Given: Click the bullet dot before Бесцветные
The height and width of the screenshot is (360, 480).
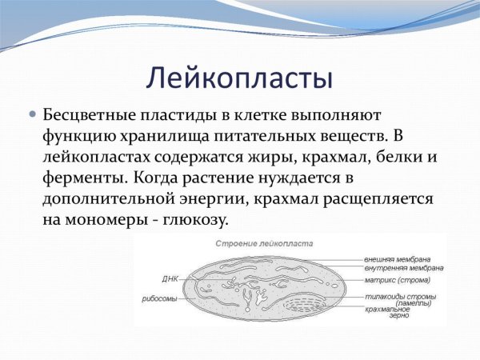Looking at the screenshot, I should click(x=33, y=114).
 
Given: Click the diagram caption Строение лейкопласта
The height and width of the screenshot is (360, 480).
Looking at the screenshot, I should click(x=265, y=242).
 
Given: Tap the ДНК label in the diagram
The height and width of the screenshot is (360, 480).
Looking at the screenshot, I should click(x=170, y=279).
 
